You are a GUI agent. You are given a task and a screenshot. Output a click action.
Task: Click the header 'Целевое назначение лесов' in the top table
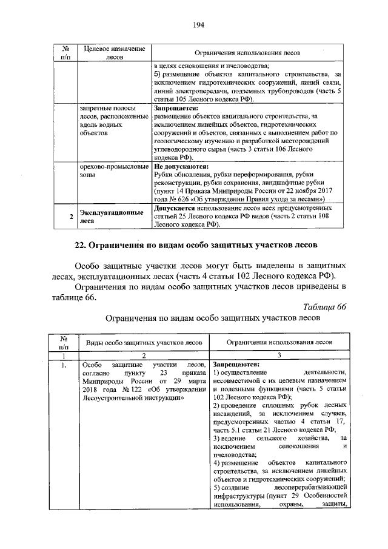[x=115, y=52]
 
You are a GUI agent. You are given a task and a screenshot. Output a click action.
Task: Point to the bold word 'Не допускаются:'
[x=181, y=165]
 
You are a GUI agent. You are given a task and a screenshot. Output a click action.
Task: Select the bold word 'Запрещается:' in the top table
[x=175, y=108]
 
